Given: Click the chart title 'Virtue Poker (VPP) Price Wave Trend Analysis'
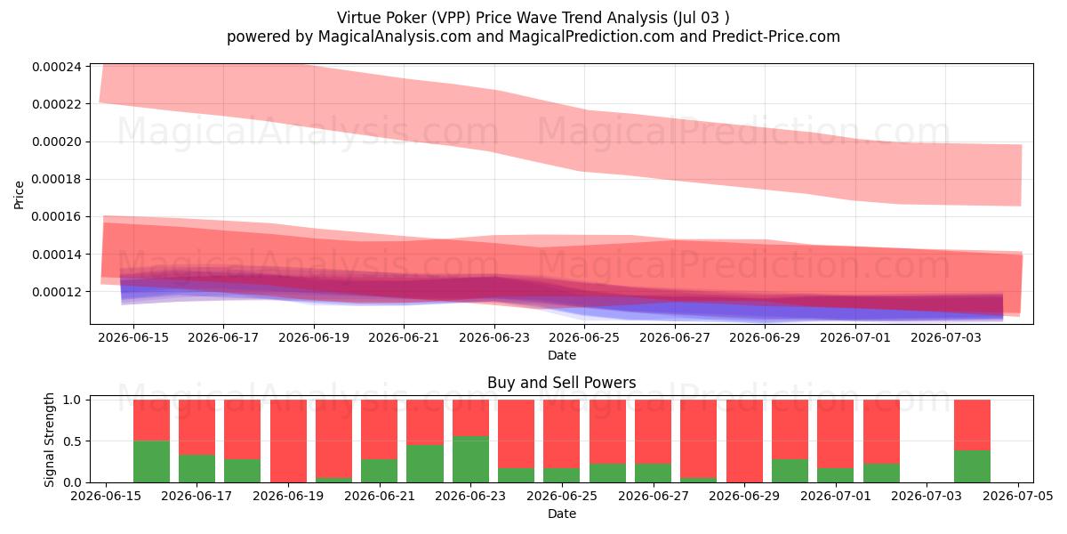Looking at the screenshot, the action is pyautogui.click(x=502, y=18).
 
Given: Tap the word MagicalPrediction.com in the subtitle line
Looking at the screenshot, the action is pyautogui.click(x=591, y=36).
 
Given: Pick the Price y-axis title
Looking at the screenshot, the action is pyautogui.click(x=19, y=195).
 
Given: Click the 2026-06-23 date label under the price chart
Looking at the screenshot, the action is pyautogui.click(x=494, y=337).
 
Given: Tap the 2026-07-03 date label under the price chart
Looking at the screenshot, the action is pyautogui.click(x=945, y=337).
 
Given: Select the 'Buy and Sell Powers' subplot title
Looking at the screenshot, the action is pyautogui.click(x=562, y=383).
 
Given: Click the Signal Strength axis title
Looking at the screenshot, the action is pyautogui.click(x=49, y=440).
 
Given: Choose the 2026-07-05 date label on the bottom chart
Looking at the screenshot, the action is pyautogui.click(x=1018, y=496).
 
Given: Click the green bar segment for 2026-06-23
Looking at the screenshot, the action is pyautogui.click(x=470, y=459).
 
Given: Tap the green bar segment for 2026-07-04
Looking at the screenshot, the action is pyautogui.click(x=972, y=466).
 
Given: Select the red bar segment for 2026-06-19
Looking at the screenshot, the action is pyautogui.click(x=288, y=441).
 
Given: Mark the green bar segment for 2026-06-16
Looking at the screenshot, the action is pyautogui.click(x=151, y=462).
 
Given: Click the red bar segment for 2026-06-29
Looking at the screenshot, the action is pyautogui.click(x=744, y=441).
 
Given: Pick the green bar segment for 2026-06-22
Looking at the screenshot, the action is pyautogui.click(x=425, y=464).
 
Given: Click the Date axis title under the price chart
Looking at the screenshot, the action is pyautogui.click(x=562, y=355).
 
